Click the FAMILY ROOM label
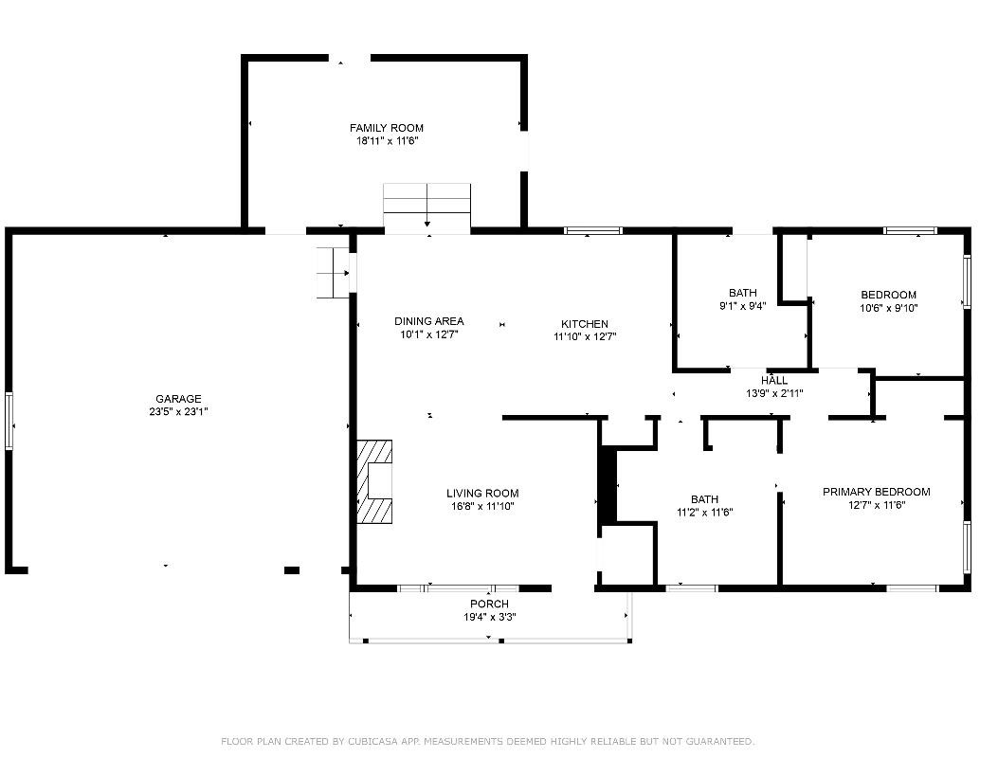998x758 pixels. [387, 128]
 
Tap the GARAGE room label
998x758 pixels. [178, 399]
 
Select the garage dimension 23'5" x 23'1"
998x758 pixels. [179, 412]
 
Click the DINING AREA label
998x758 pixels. [429, 321]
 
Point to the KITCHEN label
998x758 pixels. [585, 324]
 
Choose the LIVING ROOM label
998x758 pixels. [482, 494]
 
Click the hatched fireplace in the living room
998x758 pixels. [374, 481]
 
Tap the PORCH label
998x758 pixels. [489, 604]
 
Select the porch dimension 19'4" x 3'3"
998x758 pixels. [489, 617]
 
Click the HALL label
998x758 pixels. [774, 381]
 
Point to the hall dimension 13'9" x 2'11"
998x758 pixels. [774, 393]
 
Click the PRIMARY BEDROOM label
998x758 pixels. [877, 492]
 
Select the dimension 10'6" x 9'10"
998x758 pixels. [888, 308]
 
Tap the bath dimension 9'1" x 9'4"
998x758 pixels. [743, 305]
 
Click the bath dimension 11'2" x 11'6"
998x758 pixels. [704, 513]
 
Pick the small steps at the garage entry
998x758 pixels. [333, 273]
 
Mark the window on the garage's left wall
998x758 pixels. [9, 422]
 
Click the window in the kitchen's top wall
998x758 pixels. [593, 230]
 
